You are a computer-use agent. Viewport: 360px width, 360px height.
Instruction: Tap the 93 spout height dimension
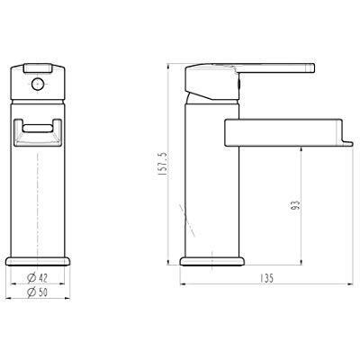293,204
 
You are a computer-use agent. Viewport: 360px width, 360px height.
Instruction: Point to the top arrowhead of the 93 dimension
301,148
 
